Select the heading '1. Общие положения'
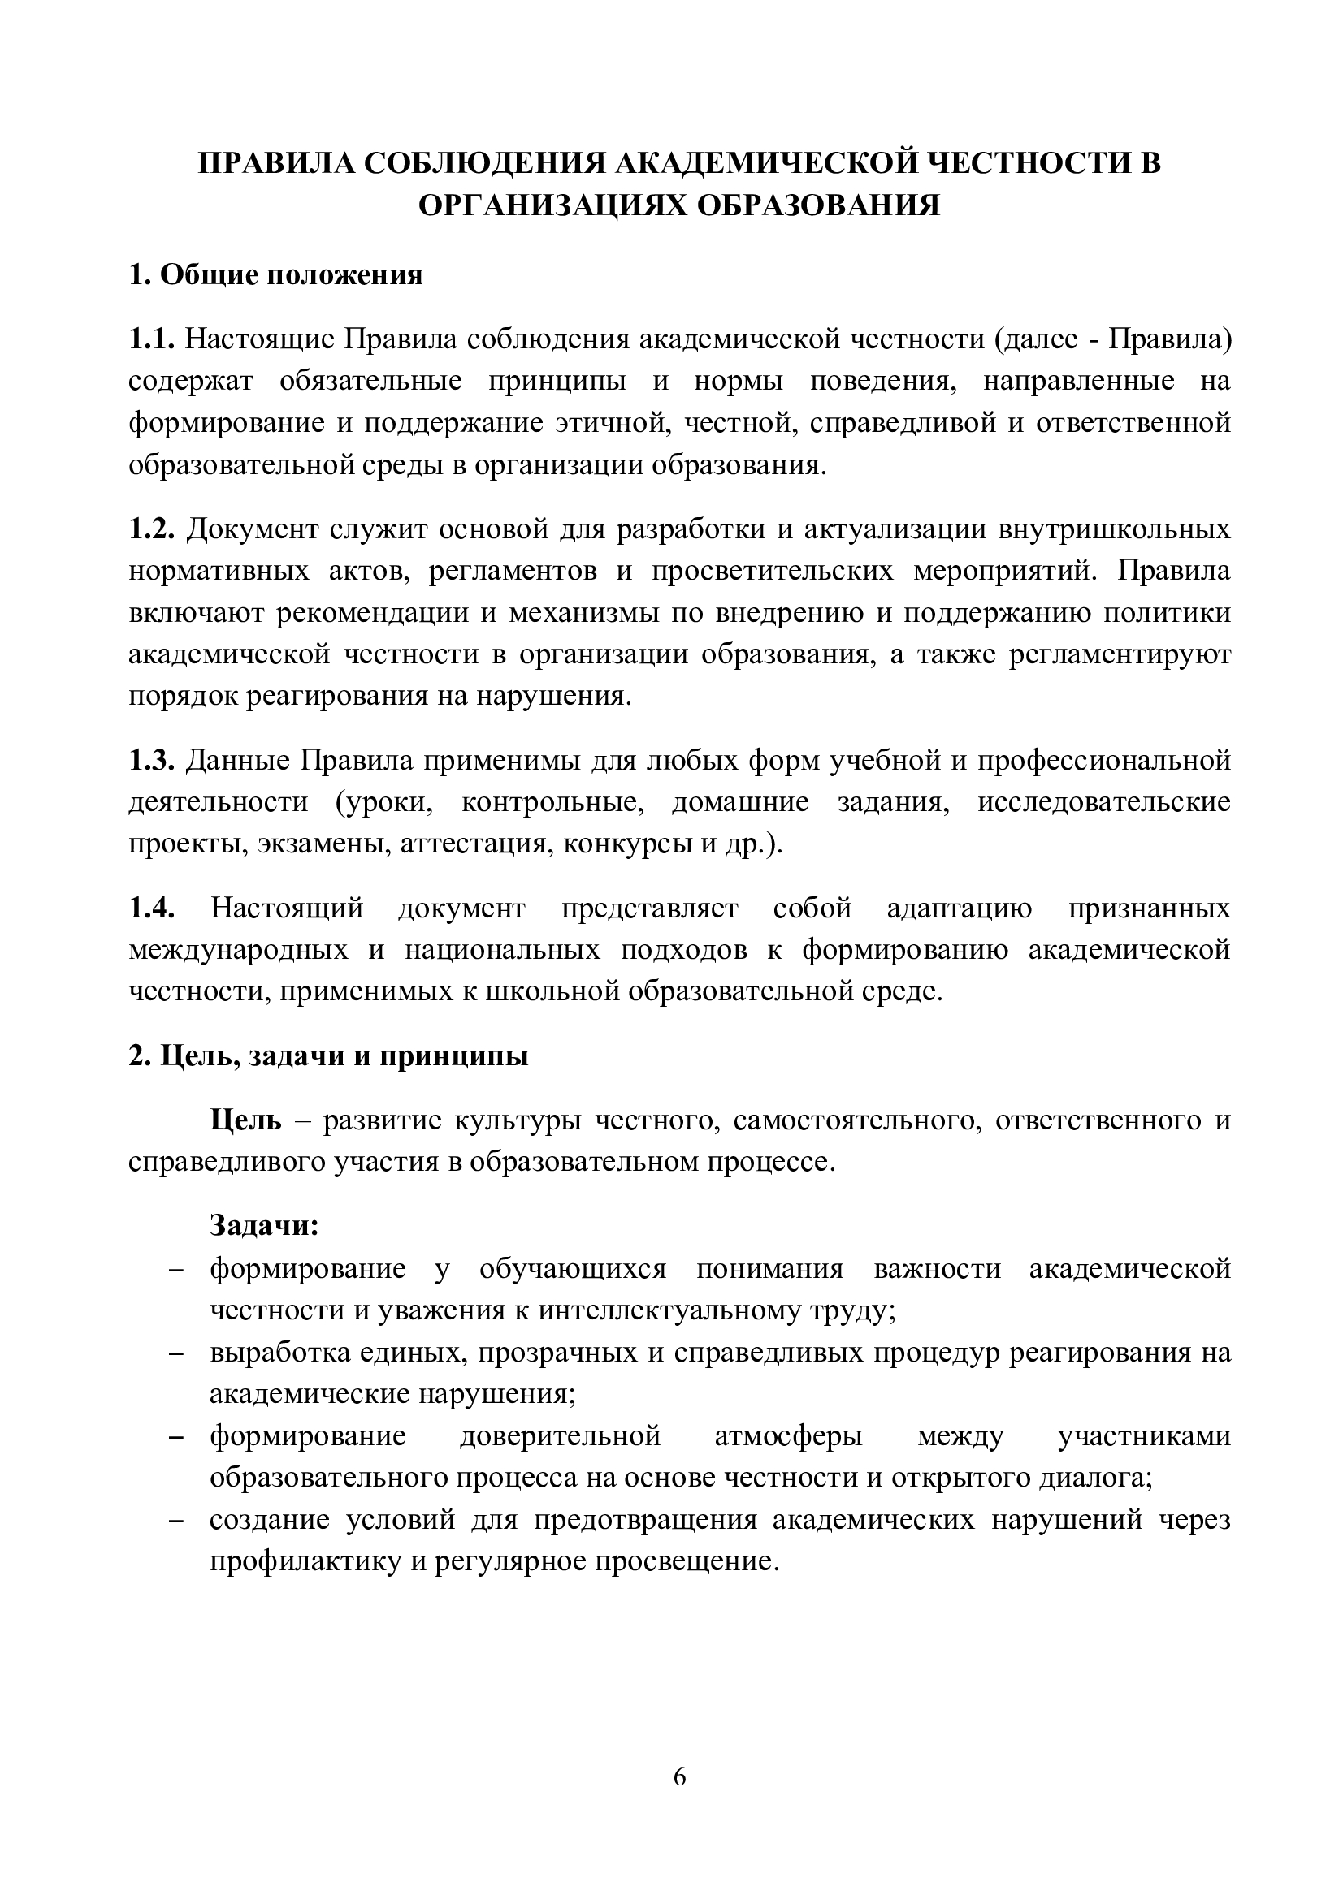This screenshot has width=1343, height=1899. click(275, 274)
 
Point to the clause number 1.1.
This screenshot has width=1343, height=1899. click(151, 339)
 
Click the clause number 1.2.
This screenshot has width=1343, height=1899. click(151, 529)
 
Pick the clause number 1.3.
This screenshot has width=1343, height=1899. click(151, 760)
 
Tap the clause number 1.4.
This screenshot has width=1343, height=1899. click(151, 908)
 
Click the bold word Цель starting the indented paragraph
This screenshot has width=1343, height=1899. click(245, 1120)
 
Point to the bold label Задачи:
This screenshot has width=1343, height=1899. click(264, 1225)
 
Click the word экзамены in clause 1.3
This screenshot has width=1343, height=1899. click(323, 844)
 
